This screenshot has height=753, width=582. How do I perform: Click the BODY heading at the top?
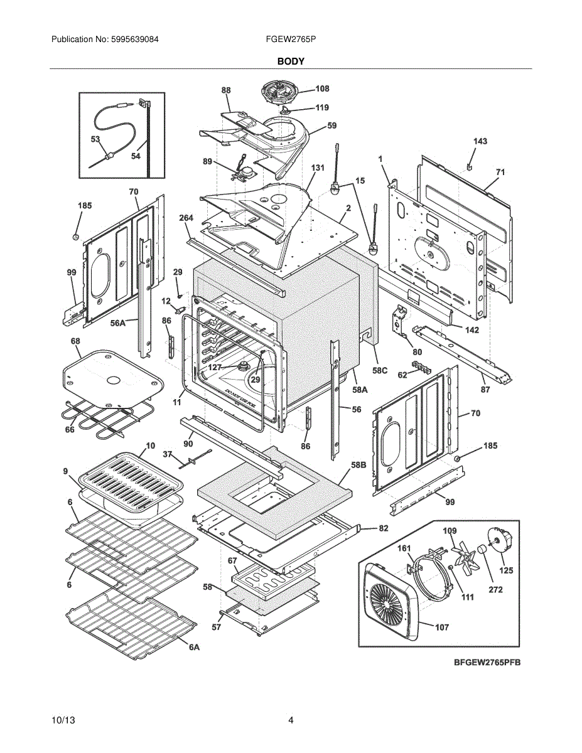pos(291,61)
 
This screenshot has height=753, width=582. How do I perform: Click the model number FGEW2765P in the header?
pos(291,39)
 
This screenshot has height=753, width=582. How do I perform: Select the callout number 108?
pos(322,89)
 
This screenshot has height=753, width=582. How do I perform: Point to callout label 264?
pos(186,218)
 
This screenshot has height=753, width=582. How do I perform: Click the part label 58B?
pos(358,465)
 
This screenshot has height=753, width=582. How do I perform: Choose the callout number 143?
pos(480,142)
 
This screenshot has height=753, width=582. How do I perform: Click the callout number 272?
pos(495,589)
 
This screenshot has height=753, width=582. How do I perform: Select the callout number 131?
pos(318,168)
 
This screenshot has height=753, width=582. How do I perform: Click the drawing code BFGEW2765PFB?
pos(487,663)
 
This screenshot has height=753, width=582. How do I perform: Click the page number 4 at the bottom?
pos(291,720)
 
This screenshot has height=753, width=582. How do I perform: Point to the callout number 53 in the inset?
pos(95,139)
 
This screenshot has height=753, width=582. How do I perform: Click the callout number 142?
pos(472,329)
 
